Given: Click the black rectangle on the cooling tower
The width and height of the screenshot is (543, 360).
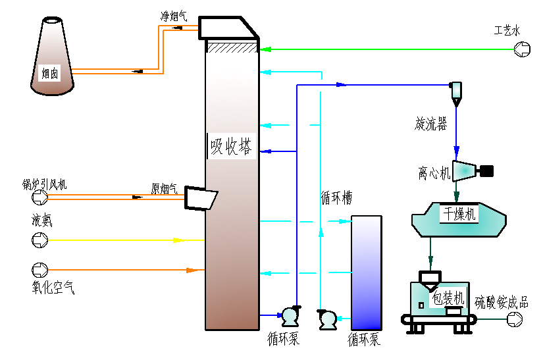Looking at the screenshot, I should (49, 73).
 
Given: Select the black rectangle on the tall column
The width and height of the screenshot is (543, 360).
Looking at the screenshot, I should (231, 146).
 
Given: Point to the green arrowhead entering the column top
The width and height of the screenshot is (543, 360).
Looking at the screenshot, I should (265, 49).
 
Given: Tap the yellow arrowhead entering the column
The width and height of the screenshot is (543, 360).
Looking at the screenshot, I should (178, 240).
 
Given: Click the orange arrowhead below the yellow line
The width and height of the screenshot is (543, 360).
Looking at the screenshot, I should (192, 270).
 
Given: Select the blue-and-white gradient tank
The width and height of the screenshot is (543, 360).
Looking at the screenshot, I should (366, 272).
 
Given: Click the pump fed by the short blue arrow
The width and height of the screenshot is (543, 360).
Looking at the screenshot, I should (290, 316).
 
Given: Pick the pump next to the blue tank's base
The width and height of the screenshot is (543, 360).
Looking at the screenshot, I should (328, 319).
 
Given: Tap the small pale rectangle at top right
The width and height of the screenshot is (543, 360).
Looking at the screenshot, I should (456, 90).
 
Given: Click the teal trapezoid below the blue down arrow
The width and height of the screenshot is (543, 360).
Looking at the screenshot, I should (463, 171).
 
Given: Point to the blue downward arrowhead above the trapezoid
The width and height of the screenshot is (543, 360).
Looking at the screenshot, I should (456, 153).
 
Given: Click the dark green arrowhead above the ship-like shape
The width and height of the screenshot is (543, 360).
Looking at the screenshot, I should (456, 196).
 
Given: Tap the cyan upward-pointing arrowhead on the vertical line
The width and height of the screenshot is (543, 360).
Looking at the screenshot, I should (321, 232).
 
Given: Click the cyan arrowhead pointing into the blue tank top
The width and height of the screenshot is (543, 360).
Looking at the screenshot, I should (344, 221).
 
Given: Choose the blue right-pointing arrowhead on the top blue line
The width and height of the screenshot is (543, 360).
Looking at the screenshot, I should (341, 84).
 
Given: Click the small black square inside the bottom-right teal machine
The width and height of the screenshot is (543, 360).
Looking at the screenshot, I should (421, 305).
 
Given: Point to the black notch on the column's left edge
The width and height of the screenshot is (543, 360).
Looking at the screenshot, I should (212, 199).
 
